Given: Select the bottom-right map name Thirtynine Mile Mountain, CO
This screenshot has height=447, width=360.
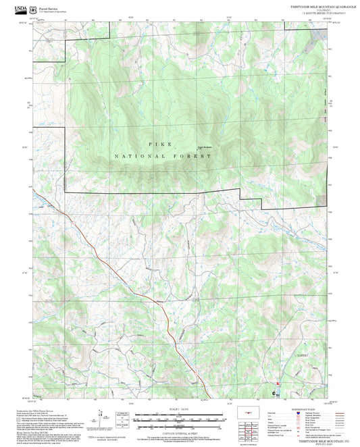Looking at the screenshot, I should coord(313,440).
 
